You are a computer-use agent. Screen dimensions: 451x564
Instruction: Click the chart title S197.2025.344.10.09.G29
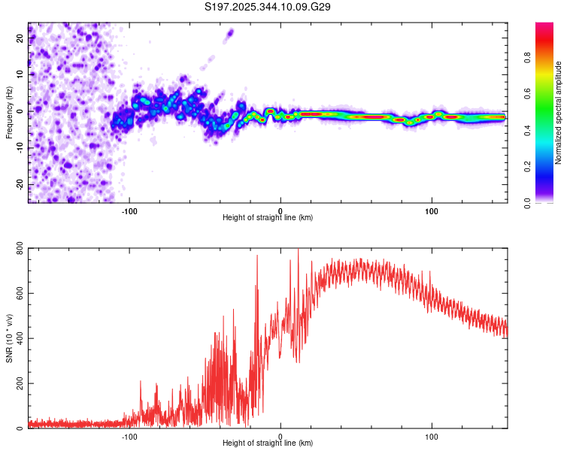(x=268, y=7)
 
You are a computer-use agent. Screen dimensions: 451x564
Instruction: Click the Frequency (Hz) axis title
(x=9, y=113)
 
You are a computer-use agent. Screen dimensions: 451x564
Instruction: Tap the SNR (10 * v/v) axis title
(x=9, y=339)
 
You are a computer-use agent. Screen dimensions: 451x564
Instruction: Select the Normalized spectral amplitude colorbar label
(x=558, y=113)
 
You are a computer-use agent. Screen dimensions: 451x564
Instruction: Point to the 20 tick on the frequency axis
(x=20, y=38)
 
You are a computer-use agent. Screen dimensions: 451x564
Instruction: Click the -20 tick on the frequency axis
(x=19, y=185)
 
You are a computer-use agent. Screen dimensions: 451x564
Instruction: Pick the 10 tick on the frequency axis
(x=20, y=74)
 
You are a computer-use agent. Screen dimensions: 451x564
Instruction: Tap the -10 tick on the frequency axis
(x=19, y=148)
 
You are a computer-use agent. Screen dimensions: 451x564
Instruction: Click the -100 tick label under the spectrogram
(x=129, y=210)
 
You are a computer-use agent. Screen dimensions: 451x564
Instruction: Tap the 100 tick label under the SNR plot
(x=432, y=435)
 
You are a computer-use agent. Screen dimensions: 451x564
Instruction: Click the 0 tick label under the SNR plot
(x=280, y=435)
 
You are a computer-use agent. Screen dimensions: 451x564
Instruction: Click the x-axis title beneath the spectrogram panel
(x=268, y=217)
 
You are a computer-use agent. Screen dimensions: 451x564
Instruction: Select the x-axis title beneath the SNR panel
(x=268, y=443)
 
